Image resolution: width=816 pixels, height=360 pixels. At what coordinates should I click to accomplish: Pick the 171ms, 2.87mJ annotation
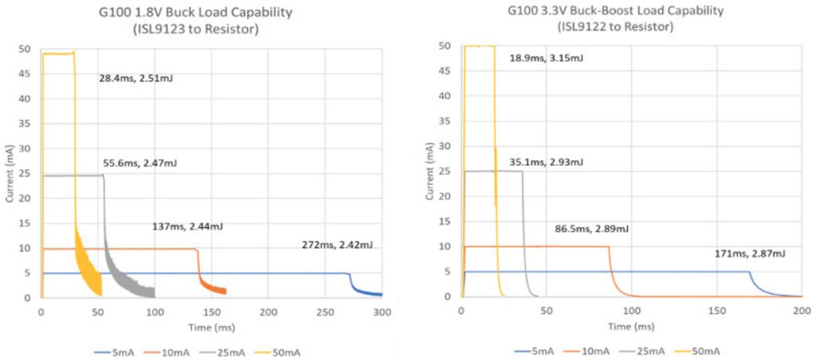[749, 253]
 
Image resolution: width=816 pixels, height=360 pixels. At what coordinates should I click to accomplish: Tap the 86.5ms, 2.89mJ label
[592, 229]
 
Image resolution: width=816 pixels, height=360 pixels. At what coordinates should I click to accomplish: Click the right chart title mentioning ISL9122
[615, 19]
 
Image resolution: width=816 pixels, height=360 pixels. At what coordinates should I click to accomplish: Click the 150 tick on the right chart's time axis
[717, 311]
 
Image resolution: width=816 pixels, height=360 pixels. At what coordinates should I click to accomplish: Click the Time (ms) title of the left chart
[211, 326]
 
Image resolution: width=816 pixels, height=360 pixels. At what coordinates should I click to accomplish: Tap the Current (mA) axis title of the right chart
[431, 171]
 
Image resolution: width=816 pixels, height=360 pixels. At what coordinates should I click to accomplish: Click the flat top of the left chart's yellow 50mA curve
[57, 53]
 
